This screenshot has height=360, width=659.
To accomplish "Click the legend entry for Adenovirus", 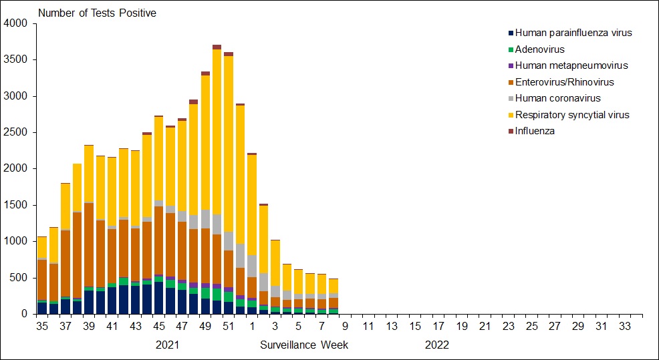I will pyautogui.click(x=539, y=49).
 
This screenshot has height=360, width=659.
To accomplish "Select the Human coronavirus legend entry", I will pyautogui.click(x=557, y=98).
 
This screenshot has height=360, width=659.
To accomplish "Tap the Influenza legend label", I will pyautogui.click(x=535, y=131).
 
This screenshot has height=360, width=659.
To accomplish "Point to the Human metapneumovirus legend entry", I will pyautogui.click(x=571, y=65).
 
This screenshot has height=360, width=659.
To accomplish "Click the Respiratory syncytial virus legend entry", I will pyautogui.click(x=572, y=115).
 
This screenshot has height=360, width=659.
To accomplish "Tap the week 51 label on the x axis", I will pyautogui.click(x=229, y=327).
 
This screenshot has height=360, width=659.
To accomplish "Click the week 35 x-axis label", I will pyautogui.click(x=42, y=327).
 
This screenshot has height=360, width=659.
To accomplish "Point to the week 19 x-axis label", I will pyautogui.click(x=462, y=327).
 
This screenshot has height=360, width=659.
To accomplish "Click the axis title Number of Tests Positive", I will pyautogui.click(x=97, y=13).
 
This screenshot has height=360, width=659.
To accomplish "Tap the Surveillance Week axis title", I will pyautogui.click(x=304, y=345).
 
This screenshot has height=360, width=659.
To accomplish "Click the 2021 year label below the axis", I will pyautogui.click(x=167, y=345).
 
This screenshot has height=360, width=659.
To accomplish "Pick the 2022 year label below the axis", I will pyautogui.click(x=437, y=345).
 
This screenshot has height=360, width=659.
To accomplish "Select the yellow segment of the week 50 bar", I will pyautogui.click(x=217, y=134).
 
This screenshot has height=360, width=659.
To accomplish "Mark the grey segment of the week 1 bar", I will pyautogui.click(x=251, y=266).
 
